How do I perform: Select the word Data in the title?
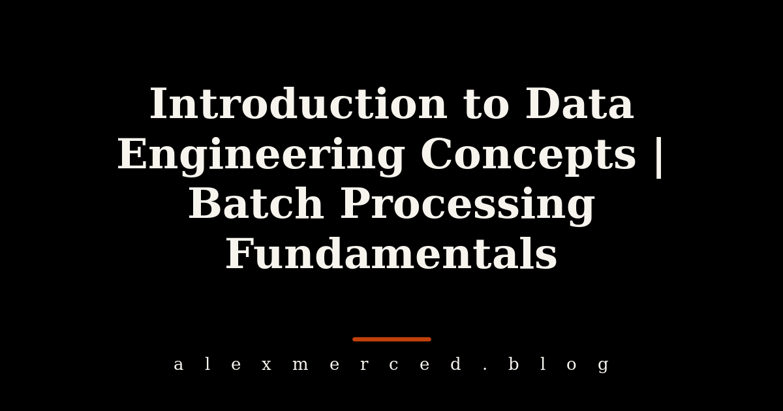coord(579,104)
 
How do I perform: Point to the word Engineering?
coord(261,157)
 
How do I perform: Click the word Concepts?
coord(528,157)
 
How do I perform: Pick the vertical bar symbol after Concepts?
coord(659,157)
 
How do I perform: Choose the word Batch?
coord(256,203)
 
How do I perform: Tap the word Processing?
coord(467,205)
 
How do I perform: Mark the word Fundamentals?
coord(391,252)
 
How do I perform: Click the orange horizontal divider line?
coord(392,339)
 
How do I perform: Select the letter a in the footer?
coord(178,365)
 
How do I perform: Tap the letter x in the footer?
coord(267,365)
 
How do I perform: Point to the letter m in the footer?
coord(300,365)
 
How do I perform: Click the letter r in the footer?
coord(364,365)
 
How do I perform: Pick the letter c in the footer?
coord(393,365)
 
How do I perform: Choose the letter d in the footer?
coord(456,363)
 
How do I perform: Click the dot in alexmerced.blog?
coord(485,369)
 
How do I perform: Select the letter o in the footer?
coord(572,365)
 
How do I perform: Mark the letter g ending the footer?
coord(604,366)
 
